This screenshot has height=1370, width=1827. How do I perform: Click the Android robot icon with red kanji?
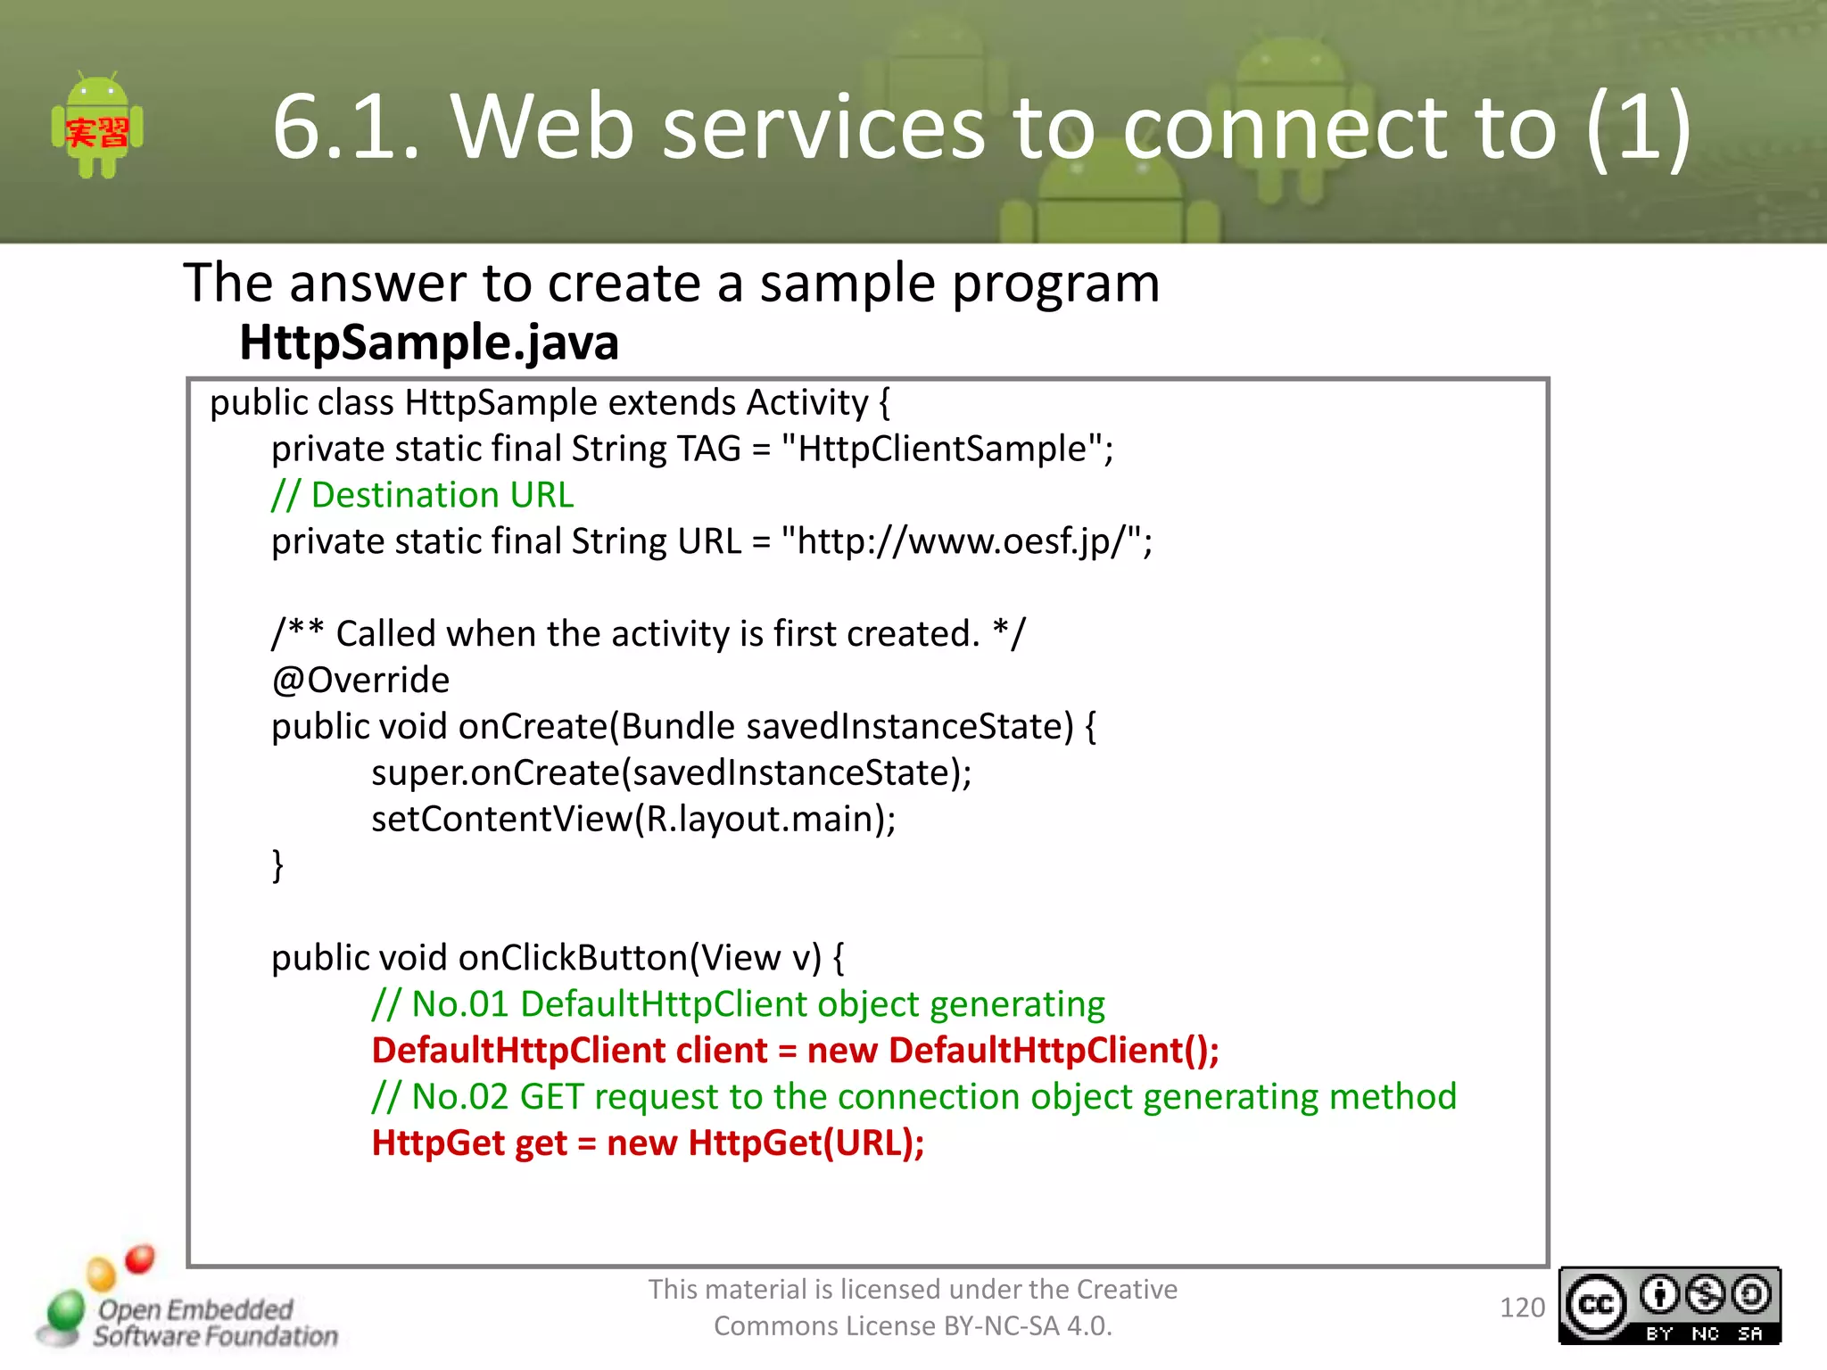pyautogui.click(x=97, y=127)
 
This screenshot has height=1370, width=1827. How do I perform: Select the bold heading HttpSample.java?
pyautogui.click(x=429, y=342)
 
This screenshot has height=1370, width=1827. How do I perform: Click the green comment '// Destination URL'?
pyautogui.click(x=423, y=495)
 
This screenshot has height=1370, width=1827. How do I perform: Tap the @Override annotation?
pyautogui.click(x=360, y=681)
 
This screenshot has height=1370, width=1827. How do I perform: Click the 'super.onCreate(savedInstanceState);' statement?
pyautogui.click(x=671, y=772)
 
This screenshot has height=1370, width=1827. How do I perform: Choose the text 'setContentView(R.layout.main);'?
pyautogui.click(x=633, y=819)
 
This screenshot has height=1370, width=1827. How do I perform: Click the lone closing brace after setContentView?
pyautogui.click(x=277, y=865)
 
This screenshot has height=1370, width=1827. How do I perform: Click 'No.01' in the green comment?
pyautogui.click(x=459, y=1004)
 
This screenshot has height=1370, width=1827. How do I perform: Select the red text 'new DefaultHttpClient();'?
pyautogui.click(x=1013, y=1051)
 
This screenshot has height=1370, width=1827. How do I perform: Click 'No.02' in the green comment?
pyautogui.click(x=459, y=1097)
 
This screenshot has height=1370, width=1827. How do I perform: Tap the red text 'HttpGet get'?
pyautogui.click(x=469, y=1143)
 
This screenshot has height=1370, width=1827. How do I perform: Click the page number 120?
pyautogui.click(x=1522, y=1308)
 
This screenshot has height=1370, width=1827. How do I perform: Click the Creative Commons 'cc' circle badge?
pyautogui.click(x=1596, y=1305)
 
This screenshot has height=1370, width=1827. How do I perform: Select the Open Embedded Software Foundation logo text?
pyautogui.click(x=214, y=1323)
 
